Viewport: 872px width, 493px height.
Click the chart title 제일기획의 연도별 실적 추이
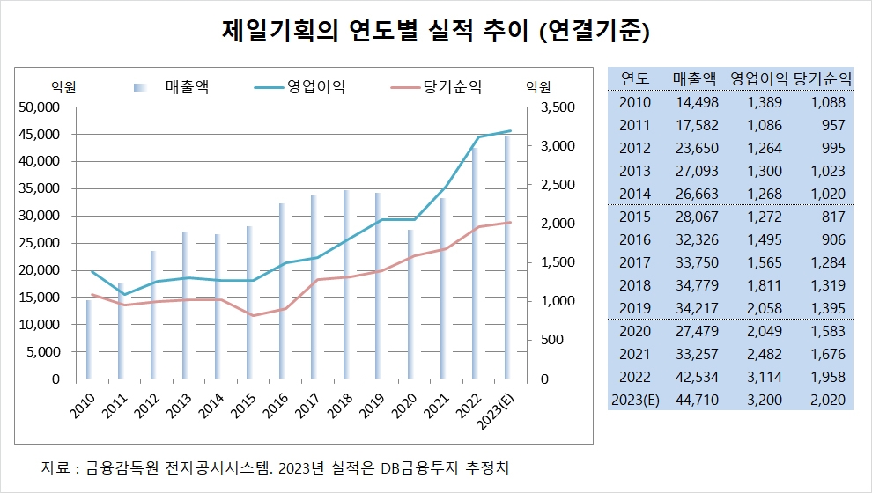pyautogui.click(x=436, y=33)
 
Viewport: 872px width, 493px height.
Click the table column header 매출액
pyautogui.click(x=695, y=78)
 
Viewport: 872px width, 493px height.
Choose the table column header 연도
pyautogui.click(x=635, y=78)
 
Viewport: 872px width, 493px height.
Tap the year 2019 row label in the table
pyautogui.click(x=635, y=308)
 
